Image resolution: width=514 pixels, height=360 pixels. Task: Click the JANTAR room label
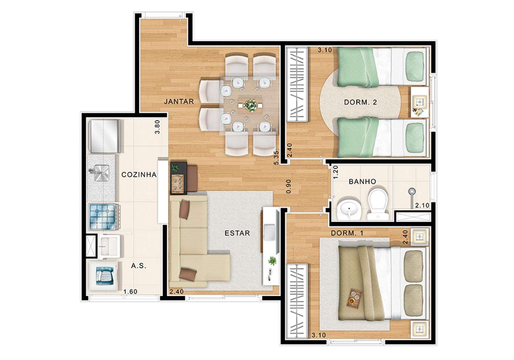tap(179, 101)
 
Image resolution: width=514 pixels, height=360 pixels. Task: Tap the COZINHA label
tap(139, 175)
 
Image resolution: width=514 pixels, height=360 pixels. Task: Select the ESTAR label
tap(237, 233)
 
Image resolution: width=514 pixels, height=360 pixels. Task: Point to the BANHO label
tap(362, 182)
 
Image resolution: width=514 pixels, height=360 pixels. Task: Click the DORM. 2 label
tap(360, 102)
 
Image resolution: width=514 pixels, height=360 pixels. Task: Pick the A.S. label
tap(138, 266)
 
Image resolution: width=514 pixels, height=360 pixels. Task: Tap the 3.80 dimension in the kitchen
tap(157, 127)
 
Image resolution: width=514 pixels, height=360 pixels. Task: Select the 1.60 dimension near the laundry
tap(130, 292)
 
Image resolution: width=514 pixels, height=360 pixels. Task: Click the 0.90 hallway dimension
tap(289, 186)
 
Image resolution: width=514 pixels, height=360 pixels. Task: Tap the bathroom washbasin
tap(349, 208)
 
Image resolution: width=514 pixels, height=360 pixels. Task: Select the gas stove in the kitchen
tap(103, 216)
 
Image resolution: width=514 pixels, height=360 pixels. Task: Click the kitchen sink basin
tap(100, 173)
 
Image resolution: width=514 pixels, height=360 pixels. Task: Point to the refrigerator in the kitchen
tap(105, 136)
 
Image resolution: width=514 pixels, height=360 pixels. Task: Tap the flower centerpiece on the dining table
tap(250, 105)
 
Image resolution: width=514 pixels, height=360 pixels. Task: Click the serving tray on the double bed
tap(354, 298)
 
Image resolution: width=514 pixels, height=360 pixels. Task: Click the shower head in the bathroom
tap(412, 191)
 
